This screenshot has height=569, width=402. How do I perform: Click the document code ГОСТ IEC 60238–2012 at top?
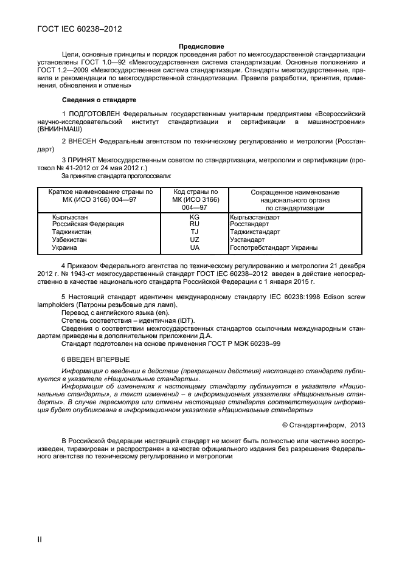click(x=77, y=29)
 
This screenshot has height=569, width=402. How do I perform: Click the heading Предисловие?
click(x=201, y=46)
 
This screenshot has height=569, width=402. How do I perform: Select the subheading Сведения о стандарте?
click(x=99, y=99)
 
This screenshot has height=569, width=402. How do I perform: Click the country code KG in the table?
click(x=195, y=216)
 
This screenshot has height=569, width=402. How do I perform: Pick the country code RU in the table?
click(x=195, y=224)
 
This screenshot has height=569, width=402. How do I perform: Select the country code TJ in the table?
click(x=195, y=232)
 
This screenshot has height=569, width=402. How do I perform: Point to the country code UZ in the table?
click(x=195, y=240)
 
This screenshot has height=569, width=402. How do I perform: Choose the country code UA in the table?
click(x=195, y=247)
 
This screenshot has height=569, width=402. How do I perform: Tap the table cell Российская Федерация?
click(x=88, y=224)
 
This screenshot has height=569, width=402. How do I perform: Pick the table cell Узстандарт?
click(x=247, y=240)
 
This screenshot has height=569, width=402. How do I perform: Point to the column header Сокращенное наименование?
click(x=295, y=193)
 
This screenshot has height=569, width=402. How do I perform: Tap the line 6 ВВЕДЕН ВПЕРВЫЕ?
click(x=95, y=359)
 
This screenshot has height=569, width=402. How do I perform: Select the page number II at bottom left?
click(x=40, y=538)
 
